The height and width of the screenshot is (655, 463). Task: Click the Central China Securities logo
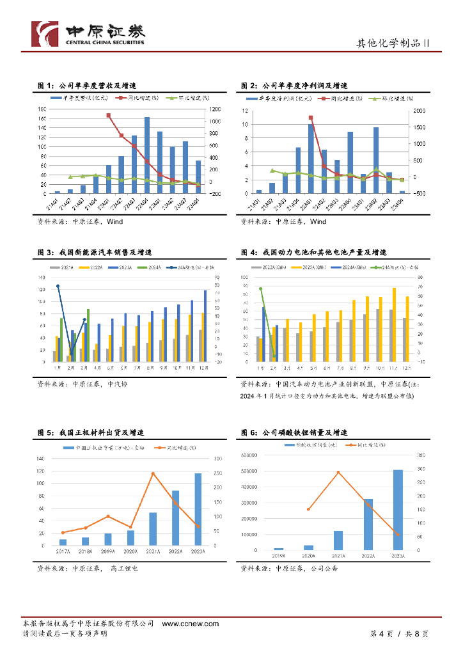[88, 34]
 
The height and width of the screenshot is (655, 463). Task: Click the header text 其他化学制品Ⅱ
[391, 43]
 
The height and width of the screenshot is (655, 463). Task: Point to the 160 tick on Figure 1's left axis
[42, 118]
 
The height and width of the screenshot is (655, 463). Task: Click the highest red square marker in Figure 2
[311, 118]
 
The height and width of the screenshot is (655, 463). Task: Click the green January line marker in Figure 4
[261, 289]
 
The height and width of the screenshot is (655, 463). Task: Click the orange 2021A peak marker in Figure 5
[153, 474]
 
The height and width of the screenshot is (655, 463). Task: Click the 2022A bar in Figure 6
[368, 524]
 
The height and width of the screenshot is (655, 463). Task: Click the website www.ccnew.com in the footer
[191, 624]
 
